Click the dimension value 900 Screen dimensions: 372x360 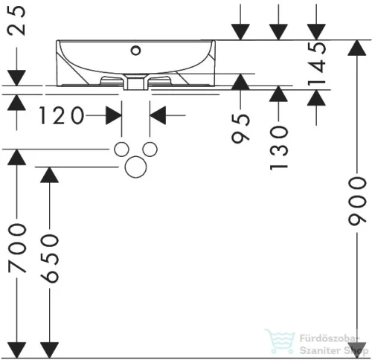click(x=357, y=201)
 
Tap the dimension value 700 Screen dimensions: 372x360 click(x=17, y=248)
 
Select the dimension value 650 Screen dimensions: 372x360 click(x=50, y=258)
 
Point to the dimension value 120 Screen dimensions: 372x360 click(x=62, y=115)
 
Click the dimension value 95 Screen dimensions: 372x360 click(x=240, y=129)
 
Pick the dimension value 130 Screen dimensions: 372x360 click(x=279, y=148)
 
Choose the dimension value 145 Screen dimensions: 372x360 click(x=316, y=64)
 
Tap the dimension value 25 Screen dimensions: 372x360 click(x=17, y=21)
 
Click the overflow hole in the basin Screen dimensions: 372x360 click(x=136, y=51)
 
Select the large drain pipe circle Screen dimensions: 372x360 click(x=136, y=167)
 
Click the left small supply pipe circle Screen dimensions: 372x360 click(x=121, y=150)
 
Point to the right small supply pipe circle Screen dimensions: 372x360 click(x=150, y=150)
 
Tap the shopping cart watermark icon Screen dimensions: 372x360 click(x=280, y=341)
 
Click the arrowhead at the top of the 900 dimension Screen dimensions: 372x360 click(x=357, y=48)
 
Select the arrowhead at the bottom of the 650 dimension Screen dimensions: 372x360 click(x=50, y=350)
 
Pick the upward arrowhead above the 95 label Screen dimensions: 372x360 click(x=240, y=82)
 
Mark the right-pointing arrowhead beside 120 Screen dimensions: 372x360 click(x=114, y=115)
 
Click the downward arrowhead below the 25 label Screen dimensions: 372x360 click(x=16, y=78)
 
